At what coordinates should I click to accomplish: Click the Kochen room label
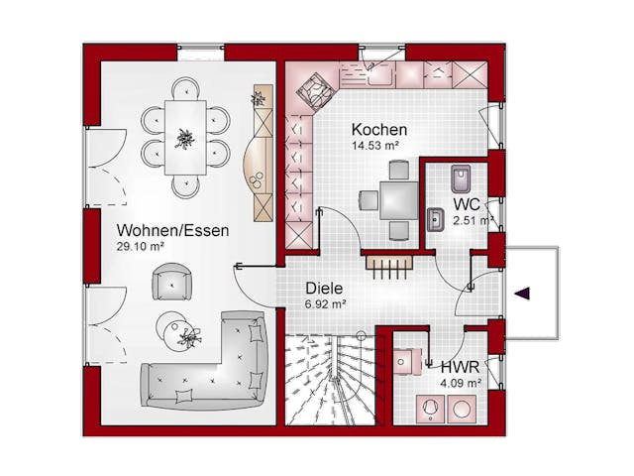click(379, 130)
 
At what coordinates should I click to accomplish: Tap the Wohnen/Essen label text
click(172, 230)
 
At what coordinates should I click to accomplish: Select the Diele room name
click(324, 289)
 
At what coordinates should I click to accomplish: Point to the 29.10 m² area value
click(140, 247)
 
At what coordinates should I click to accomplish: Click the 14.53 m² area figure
click(375, 146)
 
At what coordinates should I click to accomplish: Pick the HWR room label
click(460, 368)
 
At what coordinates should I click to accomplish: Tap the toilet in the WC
click(461, 178)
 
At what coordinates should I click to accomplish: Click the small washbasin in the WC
click(436, 220)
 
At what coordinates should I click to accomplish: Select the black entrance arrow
click(522, 294)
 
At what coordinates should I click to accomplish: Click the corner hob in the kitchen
click(316, 91)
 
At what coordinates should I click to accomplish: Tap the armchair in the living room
click(171, 282)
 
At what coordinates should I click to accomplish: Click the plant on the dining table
click(185, 139)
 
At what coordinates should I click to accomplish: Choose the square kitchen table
click(398, 200)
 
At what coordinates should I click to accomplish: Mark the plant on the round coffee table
click(189, 337)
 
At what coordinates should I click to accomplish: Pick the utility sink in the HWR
click(407, 361)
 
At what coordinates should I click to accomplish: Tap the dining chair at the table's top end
click(185, 88)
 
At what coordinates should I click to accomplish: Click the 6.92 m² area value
click(325, 304)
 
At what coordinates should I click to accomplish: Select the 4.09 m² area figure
click(461, 383)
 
